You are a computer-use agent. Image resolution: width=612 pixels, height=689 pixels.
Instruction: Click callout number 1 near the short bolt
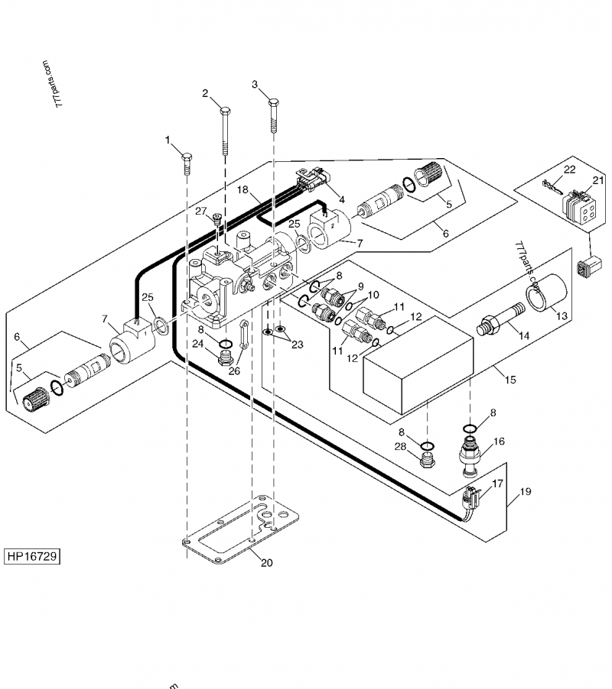click(168, 140)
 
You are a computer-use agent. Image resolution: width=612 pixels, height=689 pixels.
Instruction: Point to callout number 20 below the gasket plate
click(265, 564)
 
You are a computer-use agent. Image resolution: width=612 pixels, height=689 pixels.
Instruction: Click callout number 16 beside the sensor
click(498, 442)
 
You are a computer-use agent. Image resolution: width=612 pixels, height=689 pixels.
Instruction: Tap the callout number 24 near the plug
click(198, 344)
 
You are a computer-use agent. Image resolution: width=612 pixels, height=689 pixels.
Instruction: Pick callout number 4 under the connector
click(342, 200)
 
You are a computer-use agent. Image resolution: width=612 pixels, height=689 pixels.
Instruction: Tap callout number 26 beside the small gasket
click(234, 372)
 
